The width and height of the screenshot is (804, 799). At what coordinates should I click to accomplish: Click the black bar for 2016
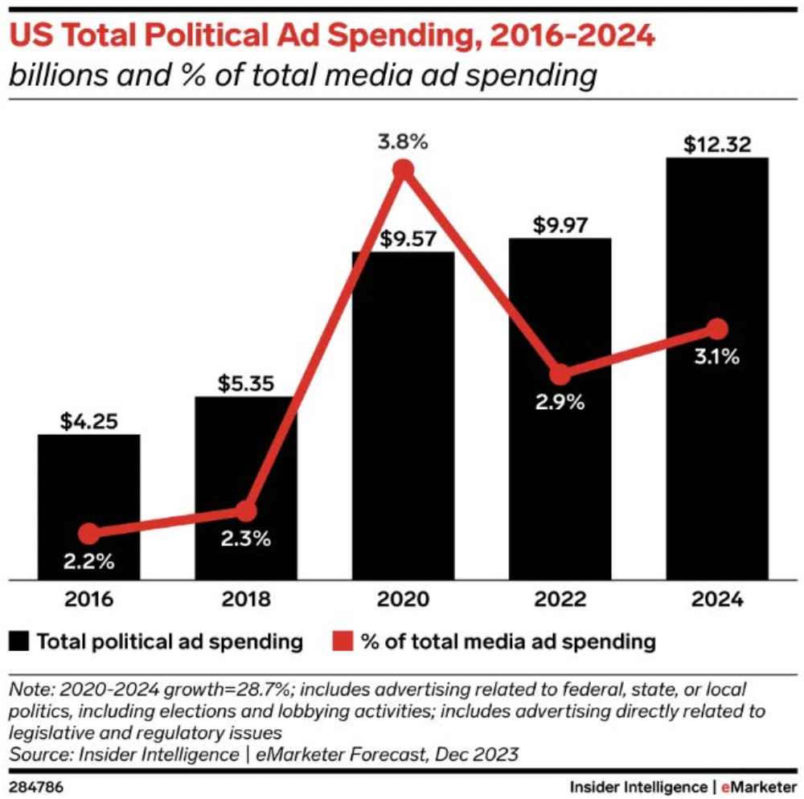[89, 506]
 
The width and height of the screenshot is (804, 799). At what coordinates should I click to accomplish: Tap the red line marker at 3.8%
[404, 170]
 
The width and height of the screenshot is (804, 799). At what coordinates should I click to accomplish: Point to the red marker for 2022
[560, 375]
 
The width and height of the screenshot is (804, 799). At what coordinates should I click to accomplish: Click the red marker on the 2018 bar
[247, 510]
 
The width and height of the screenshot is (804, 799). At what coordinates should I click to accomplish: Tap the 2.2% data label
[89, 562]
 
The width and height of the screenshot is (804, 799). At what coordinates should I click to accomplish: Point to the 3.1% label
[717, 358]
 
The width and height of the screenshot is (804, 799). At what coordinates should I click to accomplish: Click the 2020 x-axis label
[403, 600]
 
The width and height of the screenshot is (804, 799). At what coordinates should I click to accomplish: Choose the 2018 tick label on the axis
[246, 600]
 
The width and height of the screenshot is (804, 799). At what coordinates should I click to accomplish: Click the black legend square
[19, 641]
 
